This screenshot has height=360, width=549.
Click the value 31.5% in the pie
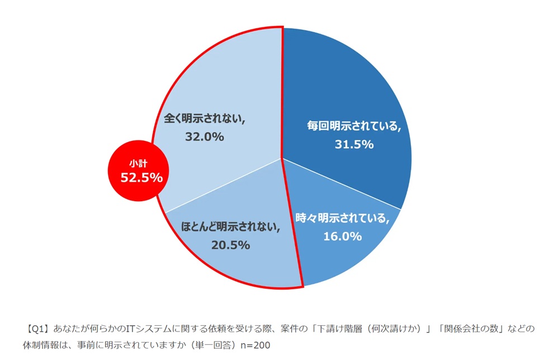click(354, 144)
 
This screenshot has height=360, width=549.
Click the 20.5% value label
click(230, 244)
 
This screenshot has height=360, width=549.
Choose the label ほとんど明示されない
click(230, 226)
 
